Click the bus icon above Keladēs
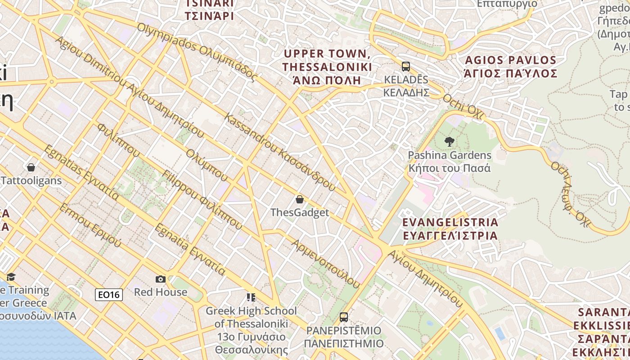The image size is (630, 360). coord(406,67)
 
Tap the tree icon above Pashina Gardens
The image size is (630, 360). coord(449,142)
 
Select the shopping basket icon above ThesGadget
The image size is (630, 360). coord(300,199)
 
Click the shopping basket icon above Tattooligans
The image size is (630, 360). coord(31,167)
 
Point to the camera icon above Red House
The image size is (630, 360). coord(161,279)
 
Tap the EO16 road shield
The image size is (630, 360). coord(109,295)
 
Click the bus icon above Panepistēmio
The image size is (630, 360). coord(344,317)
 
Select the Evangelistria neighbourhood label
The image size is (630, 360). coord(450,229)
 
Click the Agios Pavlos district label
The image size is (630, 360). coord(511,67)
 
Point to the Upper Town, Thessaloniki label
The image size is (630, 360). coord(327,67)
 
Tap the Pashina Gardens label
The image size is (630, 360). coord(449,162)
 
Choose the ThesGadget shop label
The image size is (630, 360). coord(300,212)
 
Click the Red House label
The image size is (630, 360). coord(161,292)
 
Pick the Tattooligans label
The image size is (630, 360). coord(31,181)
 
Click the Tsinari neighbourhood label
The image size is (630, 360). coord(210,10)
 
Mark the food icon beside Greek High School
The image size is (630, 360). coord(251,297)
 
